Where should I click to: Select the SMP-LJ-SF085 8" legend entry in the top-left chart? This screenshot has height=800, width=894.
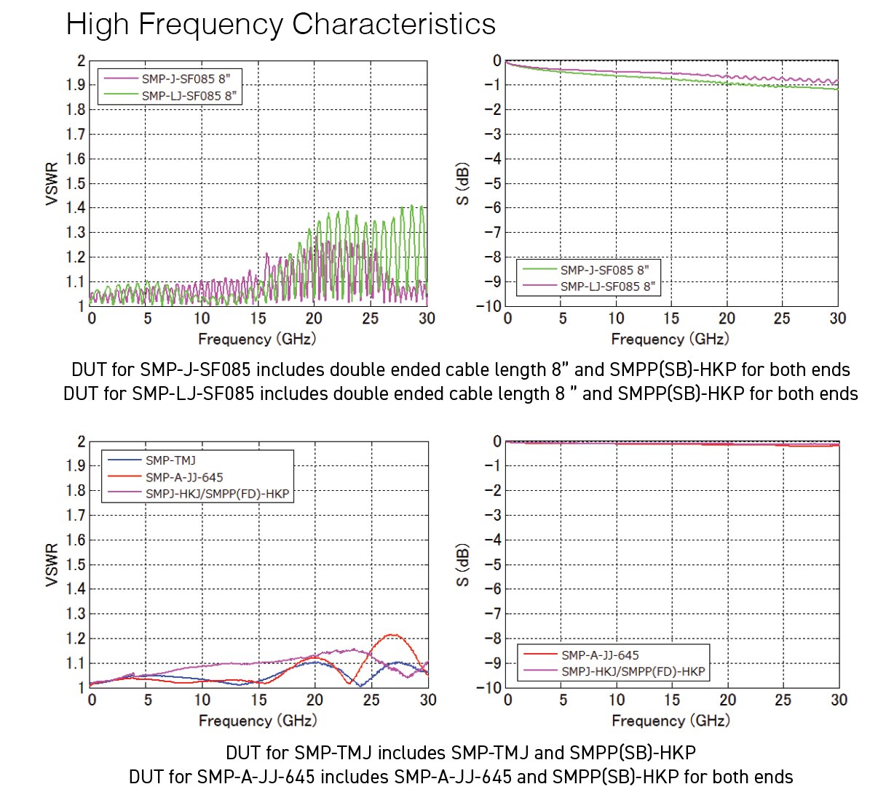click(x=189, y=95)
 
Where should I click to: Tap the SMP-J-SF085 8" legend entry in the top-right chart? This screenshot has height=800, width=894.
click(x=604, y=270)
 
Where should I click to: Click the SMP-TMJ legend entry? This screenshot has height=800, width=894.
click(x=170, y=460)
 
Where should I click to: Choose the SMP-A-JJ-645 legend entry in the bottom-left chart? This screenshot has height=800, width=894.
click(x=184, y=477)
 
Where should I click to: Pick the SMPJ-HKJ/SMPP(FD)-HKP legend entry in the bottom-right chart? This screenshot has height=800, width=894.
click(x=633, y=671)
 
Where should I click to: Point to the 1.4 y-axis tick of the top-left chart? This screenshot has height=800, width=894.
click(x=76, y=208)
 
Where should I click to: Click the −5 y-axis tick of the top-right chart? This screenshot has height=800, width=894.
click(x=493, y=183)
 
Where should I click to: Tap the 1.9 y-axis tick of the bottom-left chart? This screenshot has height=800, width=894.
click(x=76, y=465)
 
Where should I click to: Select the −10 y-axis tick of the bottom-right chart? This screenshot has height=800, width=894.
click(x=488, y=687)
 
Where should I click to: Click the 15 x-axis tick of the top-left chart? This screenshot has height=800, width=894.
click(x=258, y=319)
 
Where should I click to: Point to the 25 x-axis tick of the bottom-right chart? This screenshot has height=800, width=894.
click(x=783, y=700)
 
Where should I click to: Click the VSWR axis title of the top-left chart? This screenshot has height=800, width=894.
click(x=52, y=184)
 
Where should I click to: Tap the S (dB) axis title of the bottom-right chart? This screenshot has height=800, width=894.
click(x=463, y=565)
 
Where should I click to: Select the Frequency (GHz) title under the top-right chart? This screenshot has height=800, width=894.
click(x=670, y=339)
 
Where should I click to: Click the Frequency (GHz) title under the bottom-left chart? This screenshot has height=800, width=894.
click(x=258, y=721)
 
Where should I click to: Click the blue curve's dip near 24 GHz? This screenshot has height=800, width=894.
click(x=360, y=685)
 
